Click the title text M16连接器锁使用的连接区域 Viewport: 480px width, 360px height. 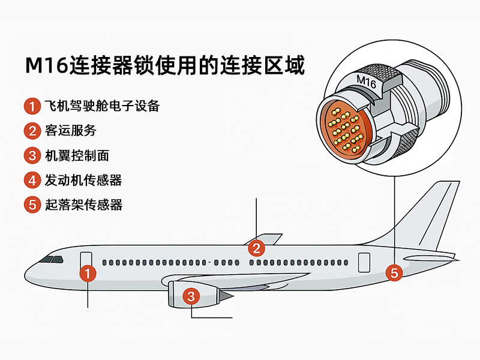[x=165, y=65]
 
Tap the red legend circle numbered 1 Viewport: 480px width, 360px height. [x=32, y=107]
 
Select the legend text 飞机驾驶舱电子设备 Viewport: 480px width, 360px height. [x=103, y=107]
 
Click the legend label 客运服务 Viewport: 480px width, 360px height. [x=71, y=131]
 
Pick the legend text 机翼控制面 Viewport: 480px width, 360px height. [x=77, y=156]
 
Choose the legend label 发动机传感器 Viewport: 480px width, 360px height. [x=83, y=180]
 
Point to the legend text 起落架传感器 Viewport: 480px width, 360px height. [x=83, y=205]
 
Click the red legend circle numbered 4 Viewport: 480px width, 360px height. [x=32, y=180]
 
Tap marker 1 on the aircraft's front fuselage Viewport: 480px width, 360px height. [x=88, y=274]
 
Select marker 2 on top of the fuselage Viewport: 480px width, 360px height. [x=256, y=247]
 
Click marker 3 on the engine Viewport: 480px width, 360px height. [x=191, y=296]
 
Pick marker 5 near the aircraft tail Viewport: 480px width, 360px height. [x=394, y=273]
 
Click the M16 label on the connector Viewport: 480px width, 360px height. [x=366, y=82]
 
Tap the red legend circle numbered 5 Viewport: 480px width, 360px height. [x=32, y=205]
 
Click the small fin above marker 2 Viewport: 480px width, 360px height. [x=268, y=238]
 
